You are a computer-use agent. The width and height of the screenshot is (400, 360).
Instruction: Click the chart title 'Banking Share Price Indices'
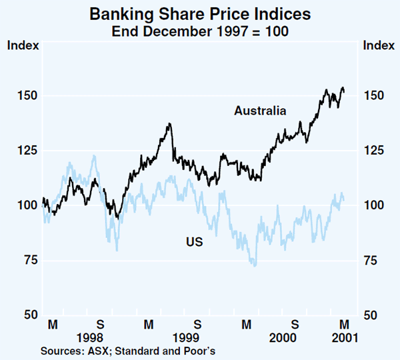point(199,13)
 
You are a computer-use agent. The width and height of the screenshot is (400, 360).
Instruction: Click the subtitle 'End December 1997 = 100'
point(199,29)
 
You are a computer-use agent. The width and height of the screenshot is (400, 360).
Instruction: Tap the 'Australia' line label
point(260,111)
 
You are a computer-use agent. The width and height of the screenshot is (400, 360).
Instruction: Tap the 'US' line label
point(194,243)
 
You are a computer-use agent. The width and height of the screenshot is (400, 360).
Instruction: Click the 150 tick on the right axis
point(373,95)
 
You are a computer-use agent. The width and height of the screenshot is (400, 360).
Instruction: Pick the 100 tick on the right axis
point(373,205)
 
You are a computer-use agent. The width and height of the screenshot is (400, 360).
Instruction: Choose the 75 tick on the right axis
point(371,260)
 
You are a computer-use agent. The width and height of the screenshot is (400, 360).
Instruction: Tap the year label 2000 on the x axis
point(282,338)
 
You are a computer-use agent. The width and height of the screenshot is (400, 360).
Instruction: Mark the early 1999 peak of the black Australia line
point(170,123)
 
